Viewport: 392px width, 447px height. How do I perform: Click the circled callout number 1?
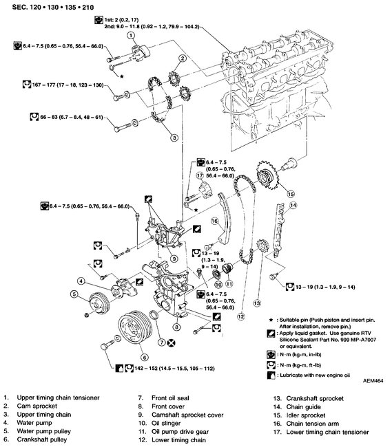point(130,35)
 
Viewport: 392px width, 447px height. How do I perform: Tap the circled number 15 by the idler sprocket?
point(291,194)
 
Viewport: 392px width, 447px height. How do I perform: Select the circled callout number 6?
point(145,357)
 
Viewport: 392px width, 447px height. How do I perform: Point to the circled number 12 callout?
point(241,316)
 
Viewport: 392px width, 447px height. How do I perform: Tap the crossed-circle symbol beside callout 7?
point(172,342)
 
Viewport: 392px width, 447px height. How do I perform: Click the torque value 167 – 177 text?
point(68,85)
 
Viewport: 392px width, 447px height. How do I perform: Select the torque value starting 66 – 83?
point(72,117)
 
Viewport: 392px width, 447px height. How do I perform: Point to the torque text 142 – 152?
point(174,369)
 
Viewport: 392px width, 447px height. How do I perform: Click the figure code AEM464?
point(373,380)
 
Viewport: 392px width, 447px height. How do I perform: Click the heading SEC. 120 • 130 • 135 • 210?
point(53,7)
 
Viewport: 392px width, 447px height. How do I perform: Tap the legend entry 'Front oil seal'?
point(170,398)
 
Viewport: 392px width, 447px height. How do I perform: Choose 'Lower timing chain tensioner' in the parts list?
point(327,432)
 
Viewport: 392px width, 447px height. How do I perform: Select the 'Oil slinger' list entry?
point(166,424)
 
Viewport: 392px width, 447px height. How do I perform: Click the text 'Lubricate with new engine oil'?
point(315,375)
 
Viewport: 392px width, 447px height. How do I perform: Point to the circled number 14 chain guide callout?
point(293,205)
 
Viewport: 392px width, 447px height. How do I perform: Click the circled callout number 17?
point(200,175)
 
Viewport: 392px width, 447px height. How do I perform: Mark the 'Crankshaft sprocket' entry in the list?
point(315,399)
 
